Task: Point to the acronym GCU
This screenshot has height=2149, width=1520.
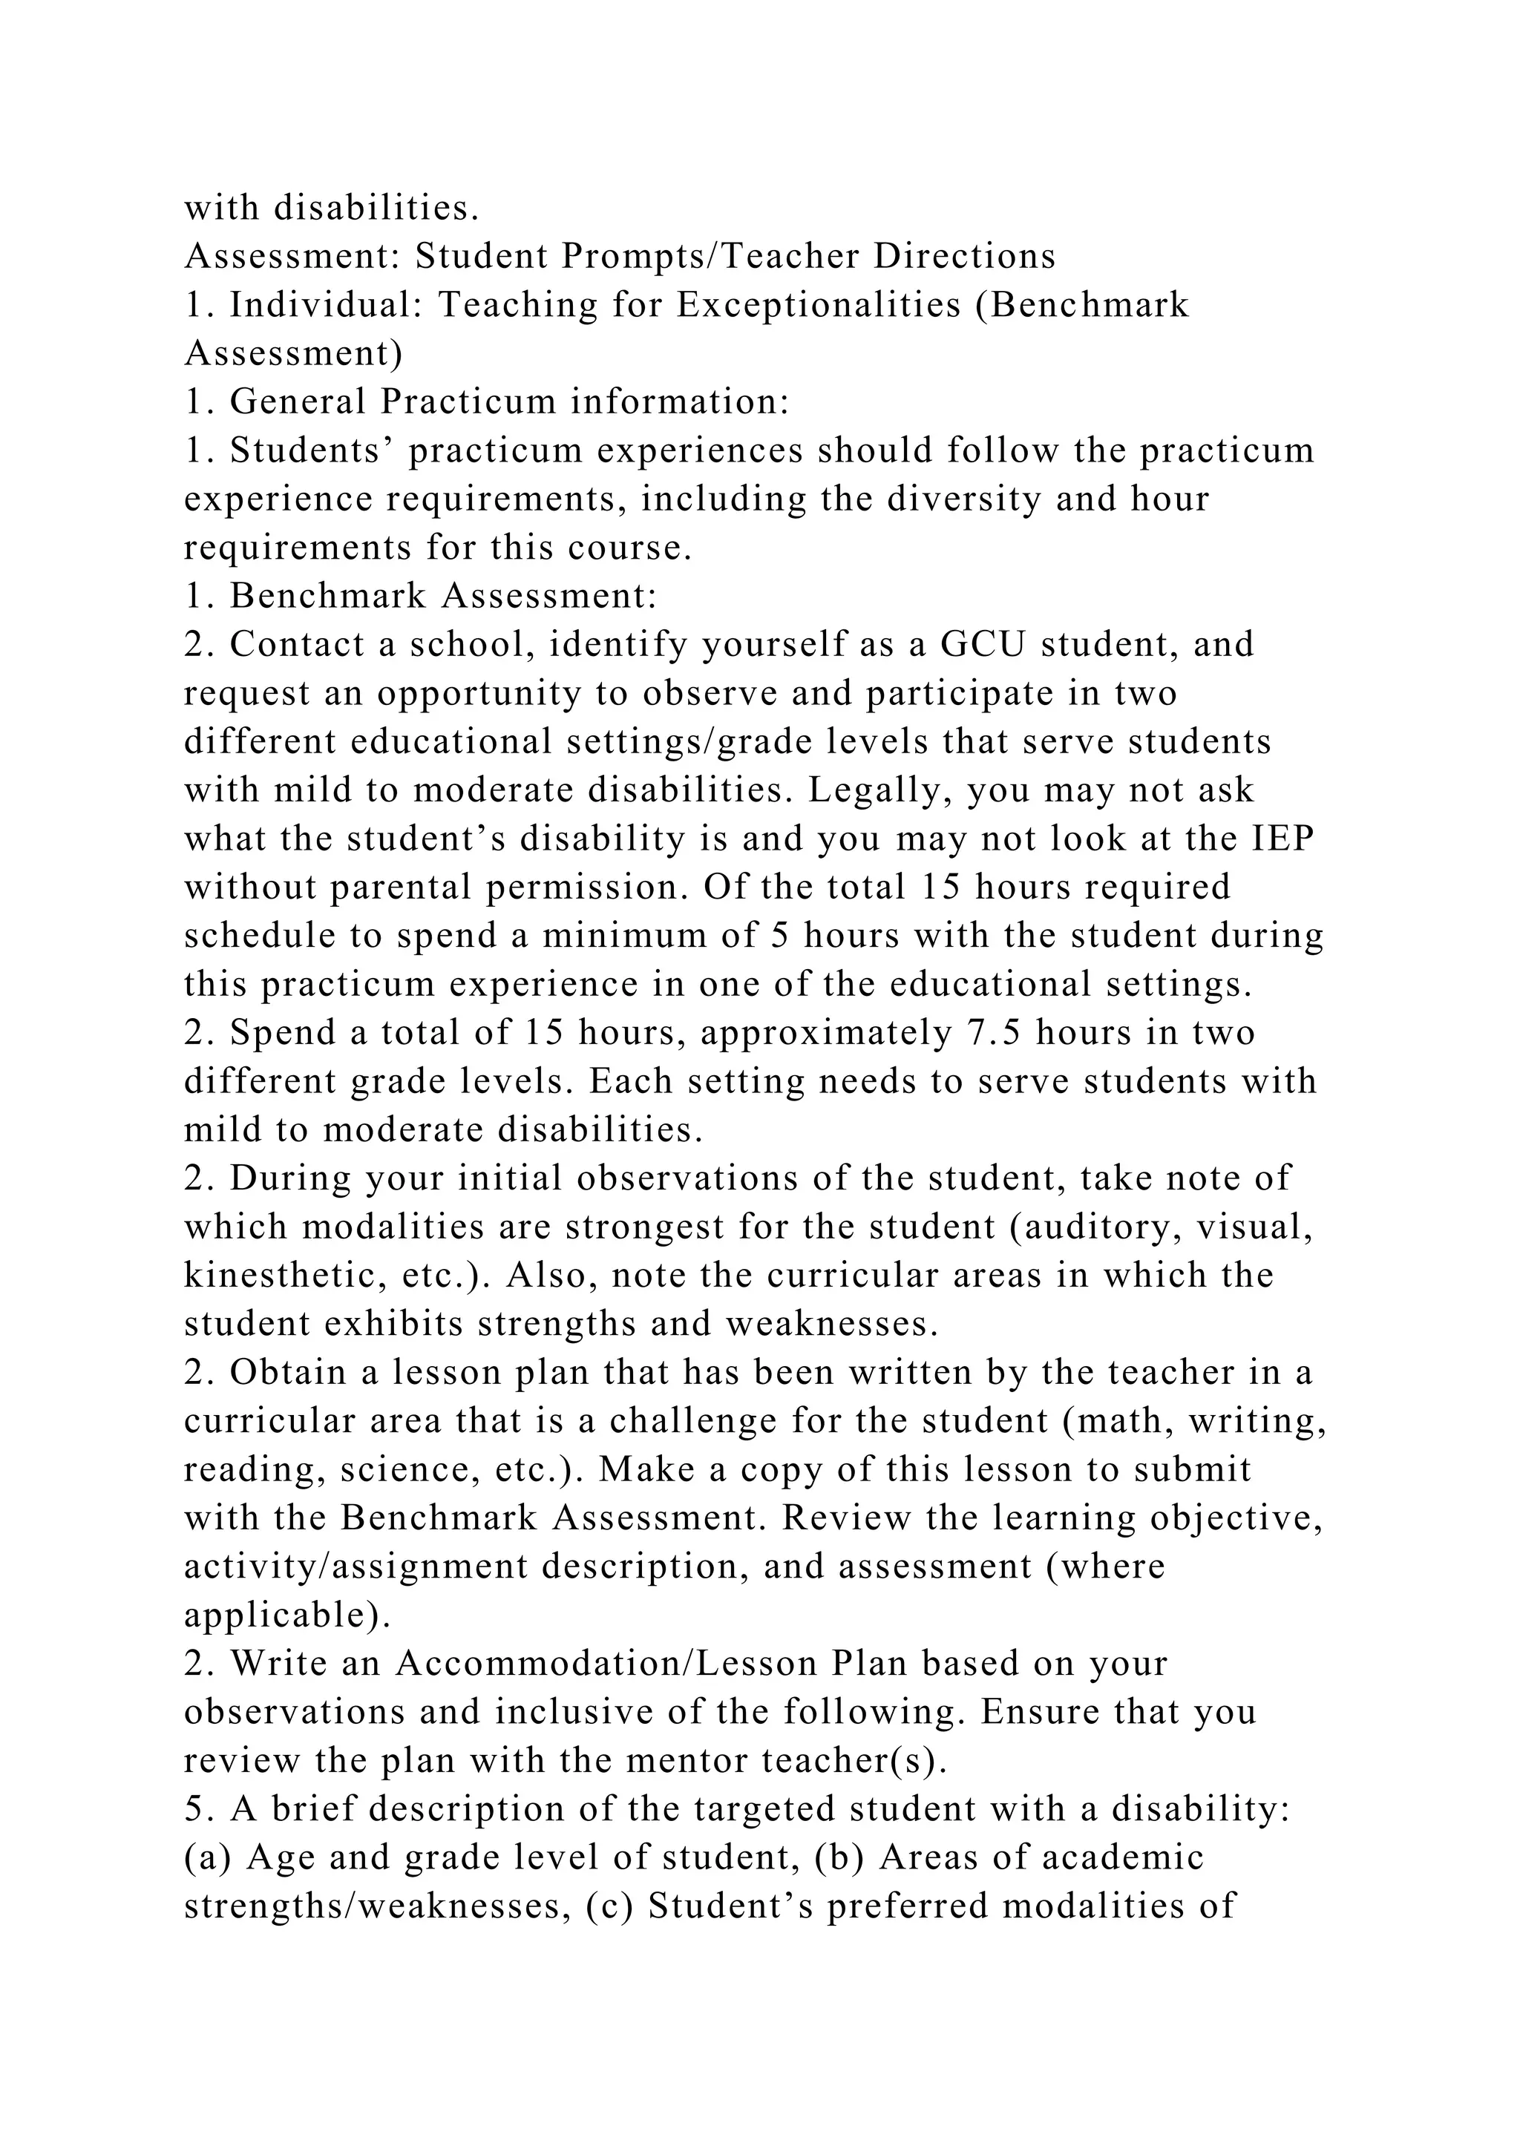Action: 981,644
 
